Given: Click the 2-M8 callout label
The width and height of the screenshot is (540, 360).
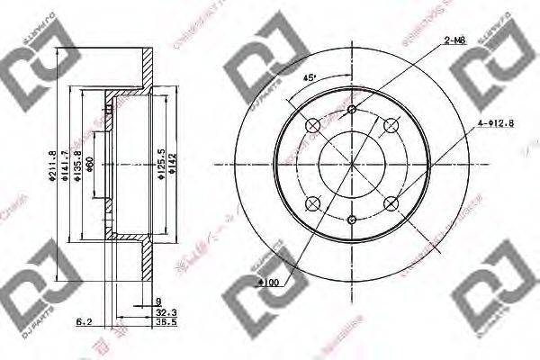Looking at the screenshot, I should point(456,40).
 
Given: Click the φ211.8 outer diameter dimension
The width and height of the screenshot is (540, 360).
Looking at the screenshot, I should point(54,165).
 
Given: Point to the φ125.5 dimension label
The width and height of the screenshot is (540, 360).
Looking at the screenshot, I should point(160,165).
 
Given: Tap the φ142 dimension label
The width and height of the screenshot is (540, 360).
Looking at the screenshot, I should point(171,165).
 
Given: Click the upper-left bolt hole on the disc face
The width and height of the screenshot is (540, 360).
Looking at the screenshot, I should point(312,125).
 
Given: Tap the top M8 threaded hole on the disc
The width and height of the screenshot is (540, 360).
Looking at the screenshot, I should point(351,110).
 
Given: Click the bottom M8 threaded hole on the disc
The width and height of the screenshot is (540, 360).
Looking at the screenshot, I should point(351,218).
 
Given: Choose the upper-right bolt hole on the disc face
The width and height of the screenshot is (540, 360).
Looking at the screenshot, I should point(390,125).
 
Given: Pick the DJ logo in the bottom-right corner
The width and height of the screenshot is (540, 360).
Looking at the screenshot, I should point(490,301).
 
